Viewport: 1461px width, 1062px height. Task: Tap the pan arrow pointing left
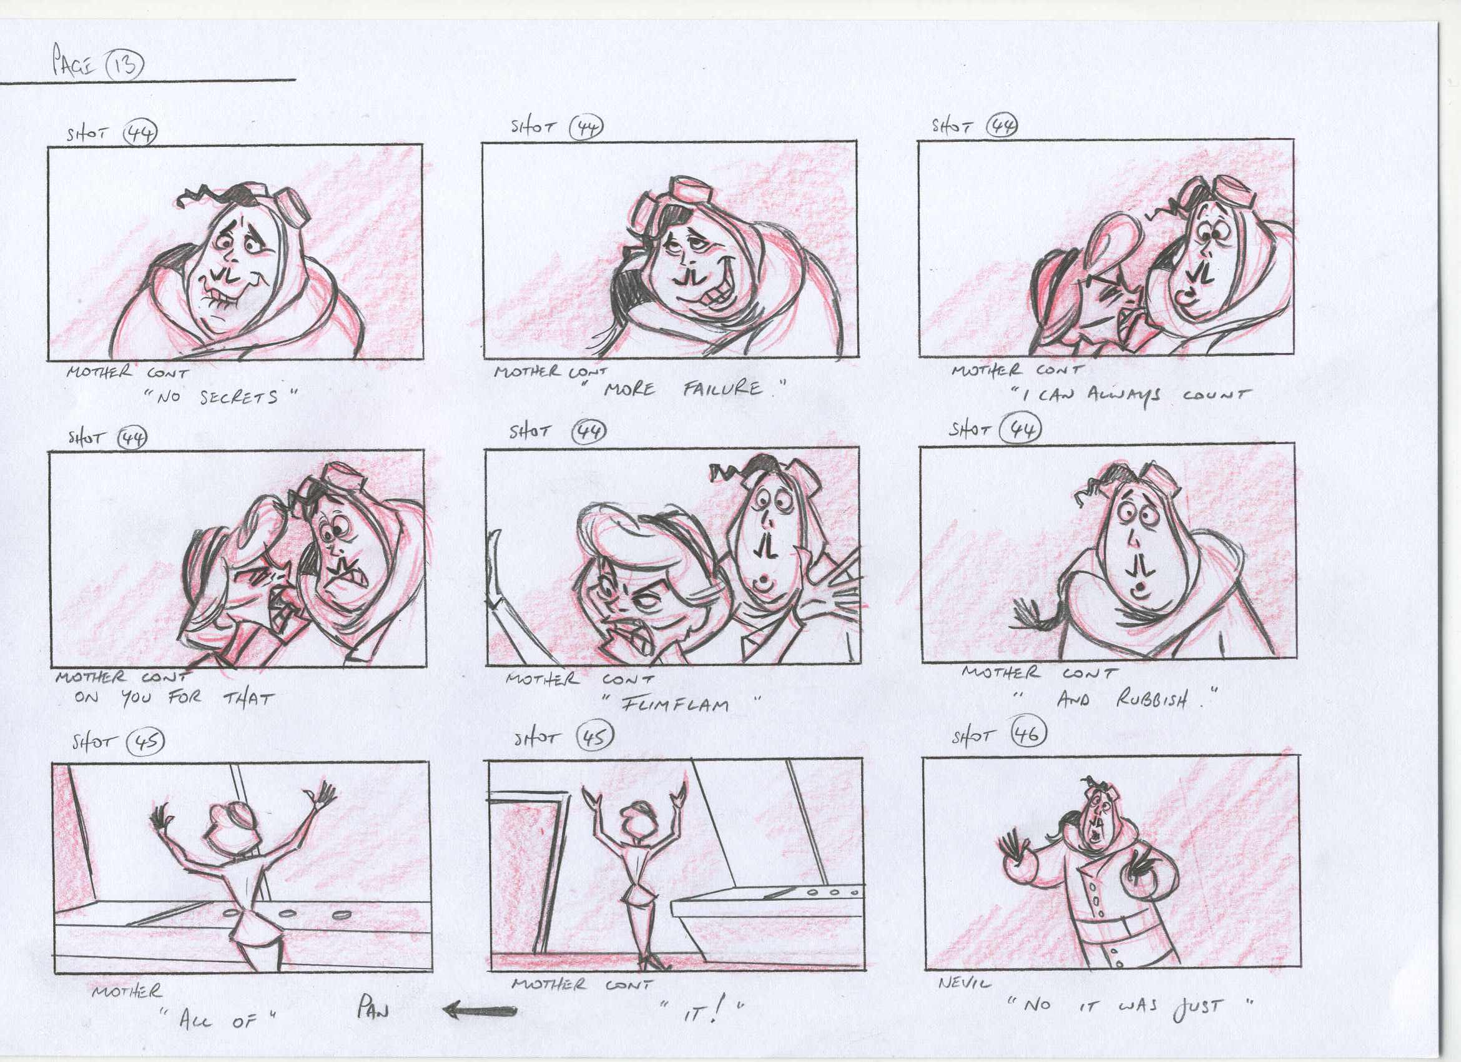coord(480,1011)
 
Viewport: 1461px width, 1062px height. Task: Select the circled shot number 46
coord(1028,734)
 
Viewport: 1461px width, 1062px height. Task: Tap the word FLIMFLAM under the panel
coord(675,703)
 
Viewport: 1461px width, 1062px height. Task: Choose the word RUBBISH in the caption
coord(1151,699)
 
